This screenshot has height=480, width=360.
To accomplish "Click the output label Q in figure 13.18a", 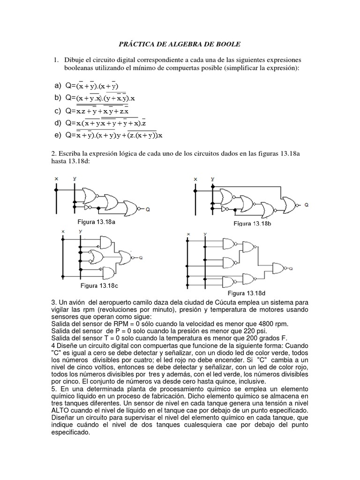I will pos(147,210).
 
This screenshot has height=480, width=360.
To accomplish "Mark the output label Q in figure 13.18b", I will pos(307,205).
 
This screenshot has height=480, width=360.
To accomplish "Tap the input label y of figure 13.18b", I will pos(213,179).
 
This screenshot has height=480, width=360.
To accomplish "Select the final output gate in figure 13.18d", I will pos(280,268).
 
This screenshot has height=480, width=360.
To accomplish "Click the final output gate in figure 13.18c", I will pos(126,257).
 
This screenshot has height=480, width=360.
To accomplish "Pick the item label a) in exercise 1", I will pos(58,86).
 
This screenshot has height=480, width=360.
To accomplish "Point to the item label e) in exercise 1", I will pos(58,135).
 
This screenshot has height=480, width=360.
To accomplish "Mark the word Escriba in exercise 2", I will pos(70,154).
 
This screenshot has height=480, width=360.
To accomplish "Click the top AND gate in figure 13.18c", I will pos(106,242).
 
